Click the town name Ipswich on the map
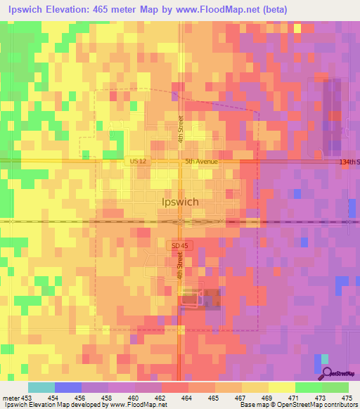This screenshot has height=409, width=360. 180,202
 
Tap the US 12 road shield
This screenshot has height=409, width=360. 139,162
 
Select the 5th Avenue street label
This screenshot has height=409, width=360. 202,162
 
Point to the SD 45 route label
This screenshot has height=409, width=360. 179,245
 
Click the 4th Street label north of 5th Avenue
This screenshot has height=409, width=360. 181,129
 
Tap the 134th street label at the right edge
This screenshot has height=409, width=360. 349,162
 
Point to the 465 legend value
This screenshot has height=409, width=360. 213,397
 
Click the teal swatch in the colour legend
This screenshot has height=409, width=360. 41,387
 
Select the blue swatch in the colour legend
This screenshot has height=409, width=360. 68,387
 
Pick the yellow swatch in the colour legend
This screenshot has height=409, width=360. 281,387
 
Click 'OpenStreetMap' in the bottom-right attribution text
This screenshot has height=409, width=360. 303,405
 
